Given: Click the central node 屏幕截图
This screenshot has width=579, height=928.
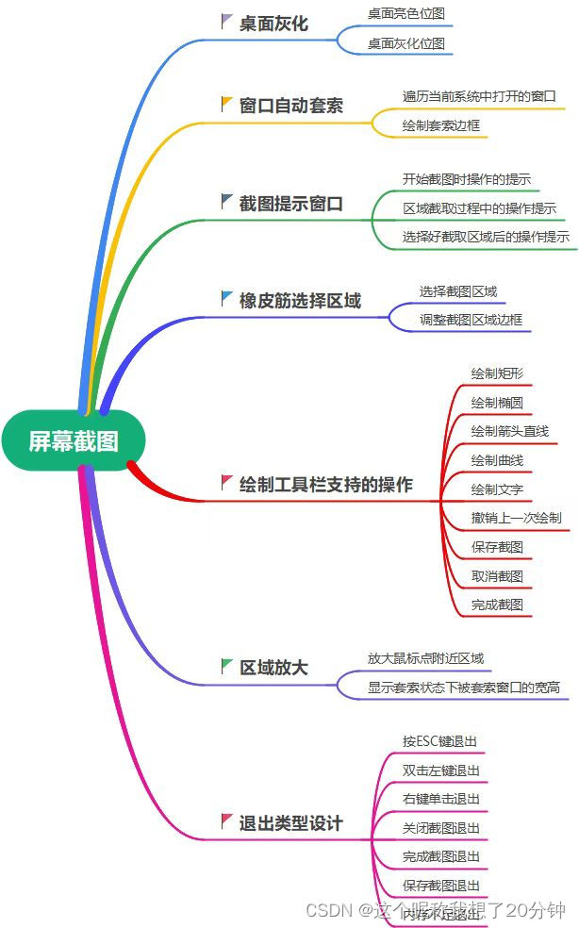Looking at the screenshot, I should pos(74,440).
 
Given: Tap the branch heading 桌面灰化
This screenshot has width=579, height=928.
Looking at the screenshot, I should pos(273,24).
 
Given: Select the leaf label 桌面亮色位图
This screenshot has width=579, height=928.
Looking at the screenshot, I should pos(405,13).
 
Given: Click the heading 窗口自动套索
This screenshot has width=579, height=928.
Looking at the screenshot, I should pos(291,105).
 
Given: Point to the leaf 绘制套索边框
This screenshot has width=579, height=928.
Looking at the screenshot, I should pos(440,125).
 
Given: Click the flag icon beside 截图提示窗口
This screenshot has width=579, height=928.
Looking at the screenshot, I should pos(226,201).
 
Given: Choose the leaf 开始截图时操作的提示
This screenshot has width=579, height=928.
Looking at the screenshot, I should pos(466,179).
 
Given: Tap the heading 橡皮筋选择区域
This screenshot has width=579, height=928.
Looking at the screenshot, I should pos(300,300).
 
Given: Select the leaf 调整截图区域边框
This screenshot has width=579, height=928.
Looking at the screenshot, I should pos(471,320).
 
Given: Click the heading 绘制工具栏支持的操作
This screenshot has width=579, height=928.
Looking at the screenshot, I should pos(326,485).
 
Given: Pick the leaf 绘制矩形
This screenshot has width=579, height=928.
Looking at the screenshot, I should pos(497,373).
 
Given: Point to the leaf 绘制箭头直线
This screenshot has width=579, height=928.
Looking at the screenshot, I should pos(510,431).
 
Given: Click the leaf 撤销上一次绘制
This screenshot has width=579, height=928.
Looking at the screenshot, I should pos(517,518).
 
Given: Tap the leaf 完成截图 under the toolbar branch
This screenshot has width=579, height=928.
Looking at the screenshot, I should pos(497,605).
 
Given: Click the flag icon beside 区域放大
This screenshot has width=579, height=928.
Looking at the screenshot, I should pos(226,666).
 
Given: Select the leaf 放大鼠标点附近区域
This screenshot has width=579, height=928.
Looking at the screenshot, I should pos(425,658).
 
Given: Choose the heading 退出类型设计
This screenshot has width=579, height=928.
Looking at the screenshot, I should pos(291,822).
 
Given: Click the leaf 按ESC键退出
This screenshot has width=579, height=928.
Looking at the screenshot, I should pos(439,741).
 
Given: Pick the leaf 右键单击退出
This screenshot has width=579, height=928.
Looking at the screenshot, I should pos(441,799).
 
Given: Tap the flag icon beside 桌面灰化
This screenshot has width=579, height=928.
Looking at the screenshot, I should pos(226,21).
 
